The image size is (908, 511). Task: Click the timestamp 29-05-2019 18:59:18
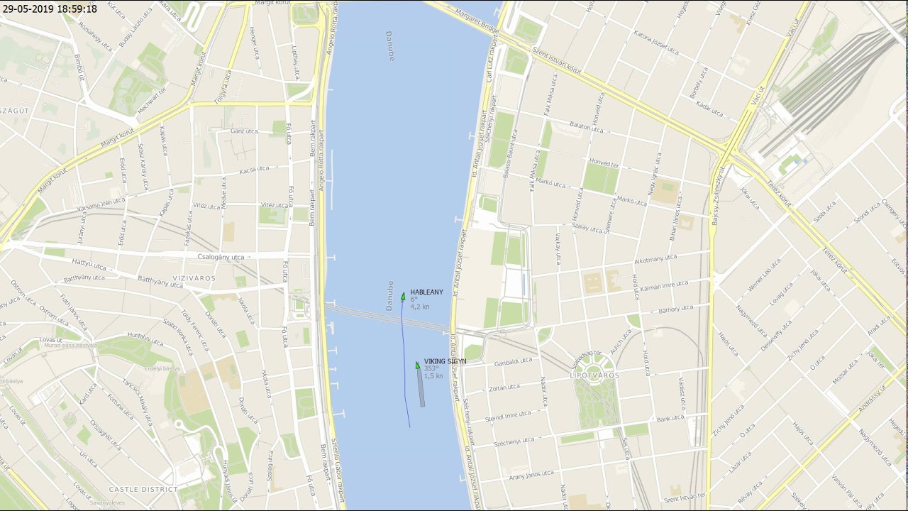(50, 9)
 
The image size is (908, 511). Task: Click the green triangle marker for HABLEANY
(403, 296)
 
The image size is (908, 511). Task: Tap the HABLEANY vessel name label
(426, 292)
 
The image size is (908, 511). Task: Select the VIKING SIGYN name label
(445, 361)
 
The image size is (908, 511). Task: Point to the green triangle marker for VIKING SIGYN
(418, 365)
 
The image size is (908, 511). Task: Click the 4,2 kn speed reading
(420, 307)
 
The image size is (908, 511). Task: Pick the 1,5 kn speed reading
(433, 376)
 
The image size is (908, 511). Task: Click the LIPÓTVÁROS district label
(594, 375)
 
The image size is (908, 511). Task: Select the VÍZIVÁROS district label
(194, 278)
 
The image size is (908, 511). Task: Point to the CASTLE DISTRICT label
(143, 489)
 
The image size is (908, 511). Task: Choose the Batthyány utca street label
(160, 282)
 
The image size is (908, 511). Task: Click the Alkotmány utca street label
(655, 258)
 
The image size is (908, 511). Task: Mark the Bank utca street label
(670, 419)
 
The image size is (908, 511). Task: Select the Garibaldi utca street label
(513, 361)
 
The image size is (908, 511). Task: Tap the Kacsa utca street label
(255, 170)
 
